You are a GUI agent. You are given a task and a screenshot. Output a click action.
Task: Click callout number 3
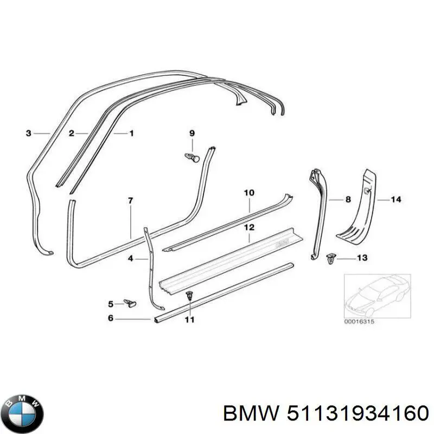[28, 133]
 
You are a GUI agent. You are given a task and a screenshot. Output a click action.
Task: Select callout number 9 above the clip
[192, 133]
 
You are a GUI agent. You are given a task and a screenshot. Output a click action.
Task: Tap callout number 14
[396, 199]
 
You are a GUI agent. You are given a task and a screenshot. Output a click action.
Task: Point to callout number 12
[249, 227]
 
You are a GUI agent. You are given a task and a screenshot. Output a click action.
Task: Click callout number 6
[111, 318]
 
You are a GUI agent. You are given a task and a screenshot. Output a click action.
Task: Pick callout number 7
[131, 200]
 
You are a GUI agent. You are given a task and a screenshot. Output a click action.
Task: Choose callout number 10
[249, 193]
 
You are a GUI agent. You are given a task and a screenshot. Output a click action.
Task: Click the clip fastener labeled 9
[192, 157]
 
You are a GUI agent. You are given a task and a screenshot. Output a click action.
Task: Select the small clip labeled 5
[130, 303]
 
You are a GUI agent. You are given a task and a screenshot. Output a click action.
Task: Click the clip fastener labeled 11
[189, 296]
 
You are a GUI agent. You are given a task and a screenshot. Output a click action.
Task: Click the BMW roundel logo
[24, 413]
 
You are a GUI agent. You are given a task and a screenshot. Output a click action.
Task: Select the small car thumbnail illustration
[378, 296]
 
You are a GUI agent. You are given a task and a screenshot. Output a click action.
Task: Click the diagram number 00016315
[359, 322]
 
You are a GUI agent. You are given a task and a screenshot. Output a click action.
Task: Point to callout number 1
[131, 133]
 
